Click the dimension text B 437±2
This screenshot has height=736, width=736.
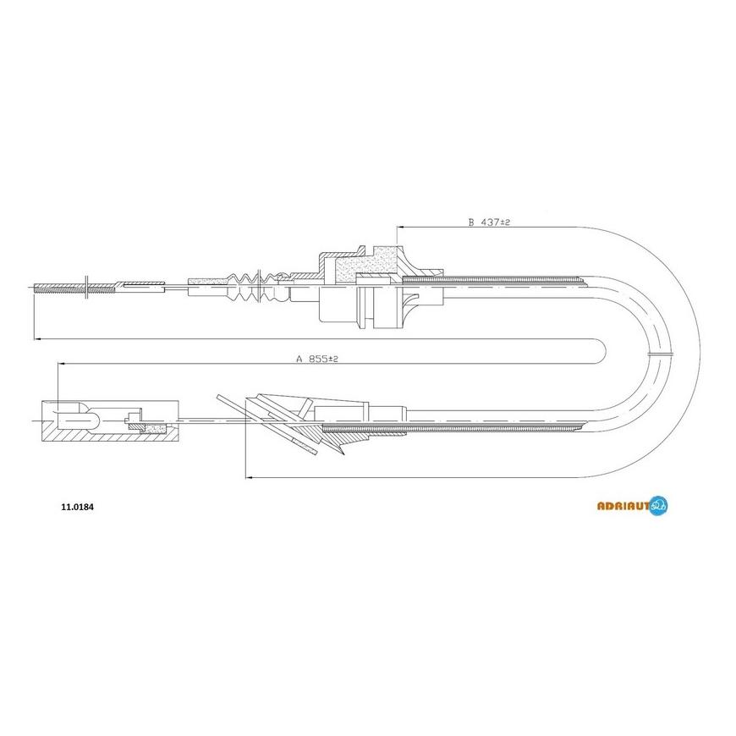(489, 222)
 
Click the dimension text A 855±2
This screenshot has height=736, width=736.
(317, 359)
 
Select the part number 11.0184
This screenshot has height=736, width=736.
(78, 507)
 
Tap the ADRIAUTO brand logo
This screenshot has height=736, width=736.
(632, 506)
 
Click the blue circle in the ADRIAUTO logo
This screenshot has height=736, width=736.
(659, 506)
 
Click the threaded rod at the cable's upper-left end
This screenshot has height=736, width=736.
(74, 288)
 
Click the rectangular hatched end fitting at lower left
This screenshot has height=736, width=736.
(110, 421)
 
